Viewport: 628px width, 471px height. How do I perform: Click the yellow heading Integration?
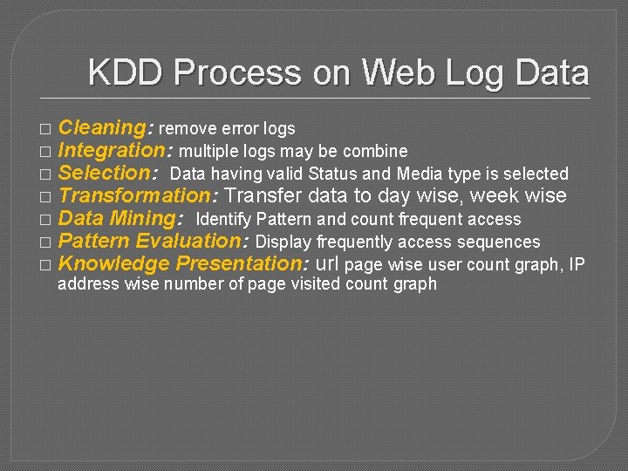coord(112,151)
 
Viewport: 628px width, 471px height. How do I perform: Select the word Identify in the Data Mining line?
coord(224,219)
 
